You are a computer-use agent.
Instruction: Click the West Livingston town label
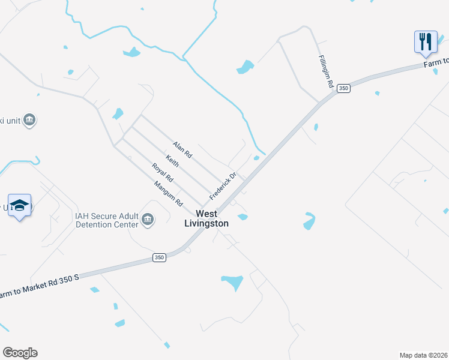coord(206,218)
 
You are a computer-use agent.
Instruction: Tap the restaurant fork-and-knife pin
coord(425,42)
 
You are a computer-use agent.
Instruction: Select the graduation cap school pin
coord(20,205)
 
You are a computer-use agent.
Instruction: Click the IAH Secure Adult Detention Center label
coord(106,220)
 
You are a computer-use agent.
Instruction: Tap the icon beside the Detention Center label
coord(147,220)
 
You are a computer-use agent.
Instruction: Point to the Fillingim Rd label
coord(325,73)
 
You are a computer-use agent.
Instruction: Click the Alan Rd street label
coord(182,150)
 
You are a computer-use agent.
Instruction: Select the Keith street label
coord(172,161)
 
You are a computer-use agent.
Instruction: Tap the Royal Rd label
coord(162,173)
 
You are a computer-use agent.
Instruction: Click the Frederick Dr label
coord(223,187)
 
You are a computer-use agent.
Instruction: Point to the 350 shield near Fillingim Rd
coord(343,88)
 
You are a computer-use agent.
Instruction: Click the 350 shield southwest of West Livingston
coord(158,257)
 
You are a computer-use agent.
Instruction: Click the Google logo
coord(20,353)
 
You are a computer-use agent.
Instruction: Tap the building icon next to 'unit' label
coord(29,120)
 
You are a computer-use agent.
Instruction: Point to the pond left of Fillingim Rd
coord(245,67)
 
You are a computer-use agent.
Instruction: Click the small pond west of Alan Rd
coord(118,113)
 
